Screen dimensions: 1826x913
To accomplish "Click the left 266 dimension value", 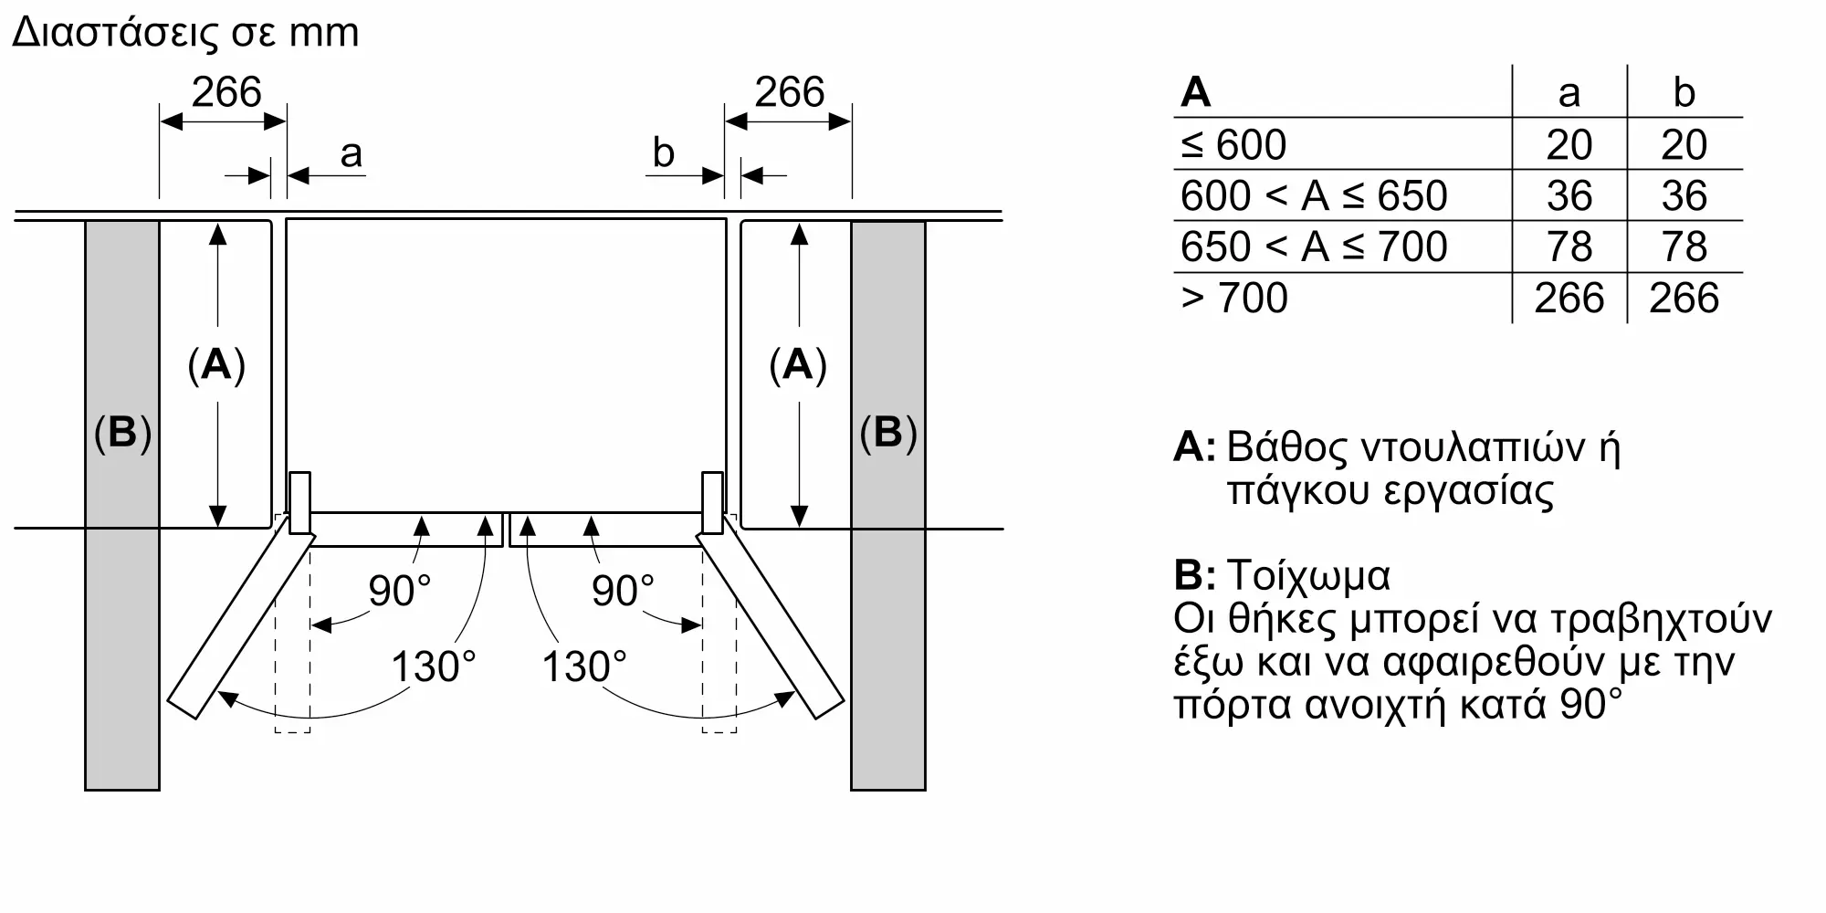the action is coord(226,92).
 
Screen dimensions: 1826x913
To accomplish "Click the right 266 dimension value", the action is coord(790,92).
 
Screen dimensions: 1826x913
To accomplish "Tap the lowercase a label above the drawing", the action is coord(351,154).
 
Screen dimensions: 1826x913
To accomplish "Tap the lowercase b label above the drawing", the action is coord(663,152).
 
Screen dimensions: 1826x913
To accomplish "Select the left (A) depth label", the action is coord(216,364).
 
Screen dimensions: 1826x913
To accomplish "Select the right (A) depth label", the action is coord(798,364).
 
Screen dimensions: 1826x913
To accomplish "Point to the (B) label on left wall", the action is coord(122,432).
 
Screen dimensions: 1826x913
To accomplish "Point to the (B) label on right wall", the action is coord(888,432).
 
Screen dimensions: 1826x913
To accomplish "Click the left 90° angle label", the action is coord(399,591).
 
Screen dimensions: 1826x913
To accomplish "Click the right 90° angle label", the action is coord(624,591).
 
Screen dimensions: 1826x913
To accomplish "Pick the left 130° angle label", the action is coord(434,666).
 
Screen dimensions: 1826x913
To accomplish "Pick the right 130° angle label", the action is coord(584,666).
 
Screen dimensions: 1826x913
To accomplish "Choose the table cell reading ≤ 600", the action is coord(1233,144).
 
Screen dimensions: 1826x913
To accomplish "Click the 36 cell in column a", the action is coord(1569,195).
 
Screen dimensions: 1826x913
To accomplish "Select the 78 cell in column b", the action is coord(1684,247).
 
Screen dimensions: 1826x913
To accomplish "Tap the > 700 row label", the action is coord(1234,298).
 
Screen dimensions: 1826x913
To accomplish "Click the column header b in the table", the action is coord(1684,92).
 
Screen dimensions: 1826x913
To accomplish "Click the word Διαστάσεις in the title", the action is coord(115,33).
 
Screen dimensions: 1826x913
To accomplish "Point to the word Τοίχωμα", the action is coord(1308,575).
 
